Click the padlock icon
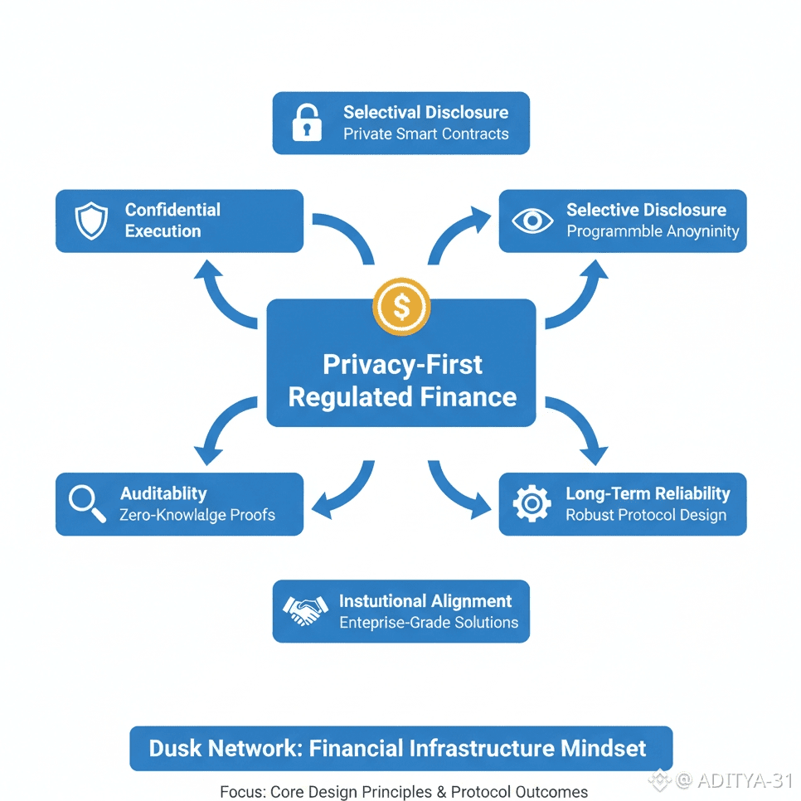pyautogui.click(x=306, y=123)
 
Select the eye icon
pyautogui.click(x=532, y=221)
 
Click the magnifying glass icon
pyautogui.click(x=87, y=504)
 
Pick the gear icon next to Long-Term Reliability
pyautogui.click(x=532, y=504)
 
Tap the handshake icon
pyautogui.click(x=305, y=612)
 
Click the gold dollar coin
pyautogui.click(x=401, y=307)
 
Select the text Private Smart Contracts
pyautogui.click(x=426, y=133)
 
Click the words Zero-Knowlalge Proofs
pyautogui.click(x=197, y=515)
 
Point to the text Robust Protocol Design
pyautogui.click(x=646, y=515)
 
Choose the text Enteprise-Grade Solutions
pyautogui.click(x=429, y=623)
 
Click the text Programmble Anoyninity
pyautogui.click(x=653, y=231)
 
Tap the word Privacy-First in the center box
pyautogui.click(x=402, y=365)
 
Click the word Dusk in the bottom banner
pyautogui.click(x=175, y=748)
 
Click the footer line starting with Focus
pyautogui.click(x=404, y=792)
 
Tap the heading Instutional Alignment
pyautogui.click(x=425, y=601)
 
